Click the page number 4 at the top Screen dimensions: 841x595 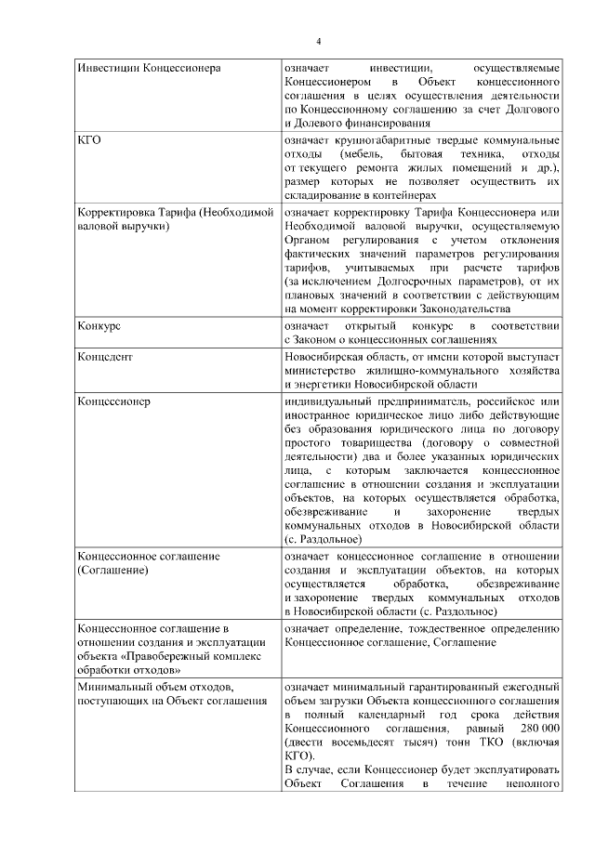tap(317, 41)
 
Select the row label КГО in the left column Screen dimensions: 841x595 tap(90, 139)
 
